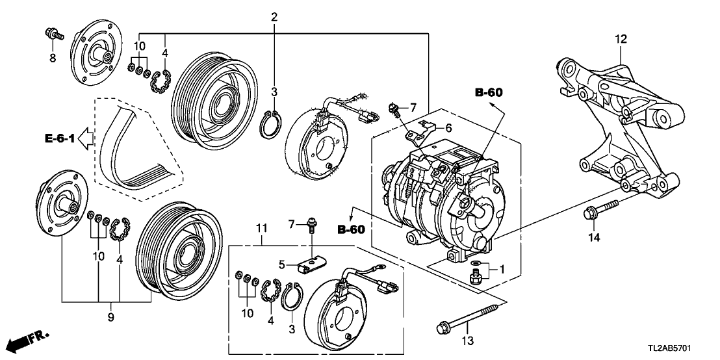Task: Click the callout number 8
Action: [x=53, y=58]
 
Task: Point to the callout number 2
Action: [x=275, y=18]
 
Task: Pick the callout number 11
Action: [x=261, y=227]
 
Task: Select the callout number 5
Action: [x=283, y=264]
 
